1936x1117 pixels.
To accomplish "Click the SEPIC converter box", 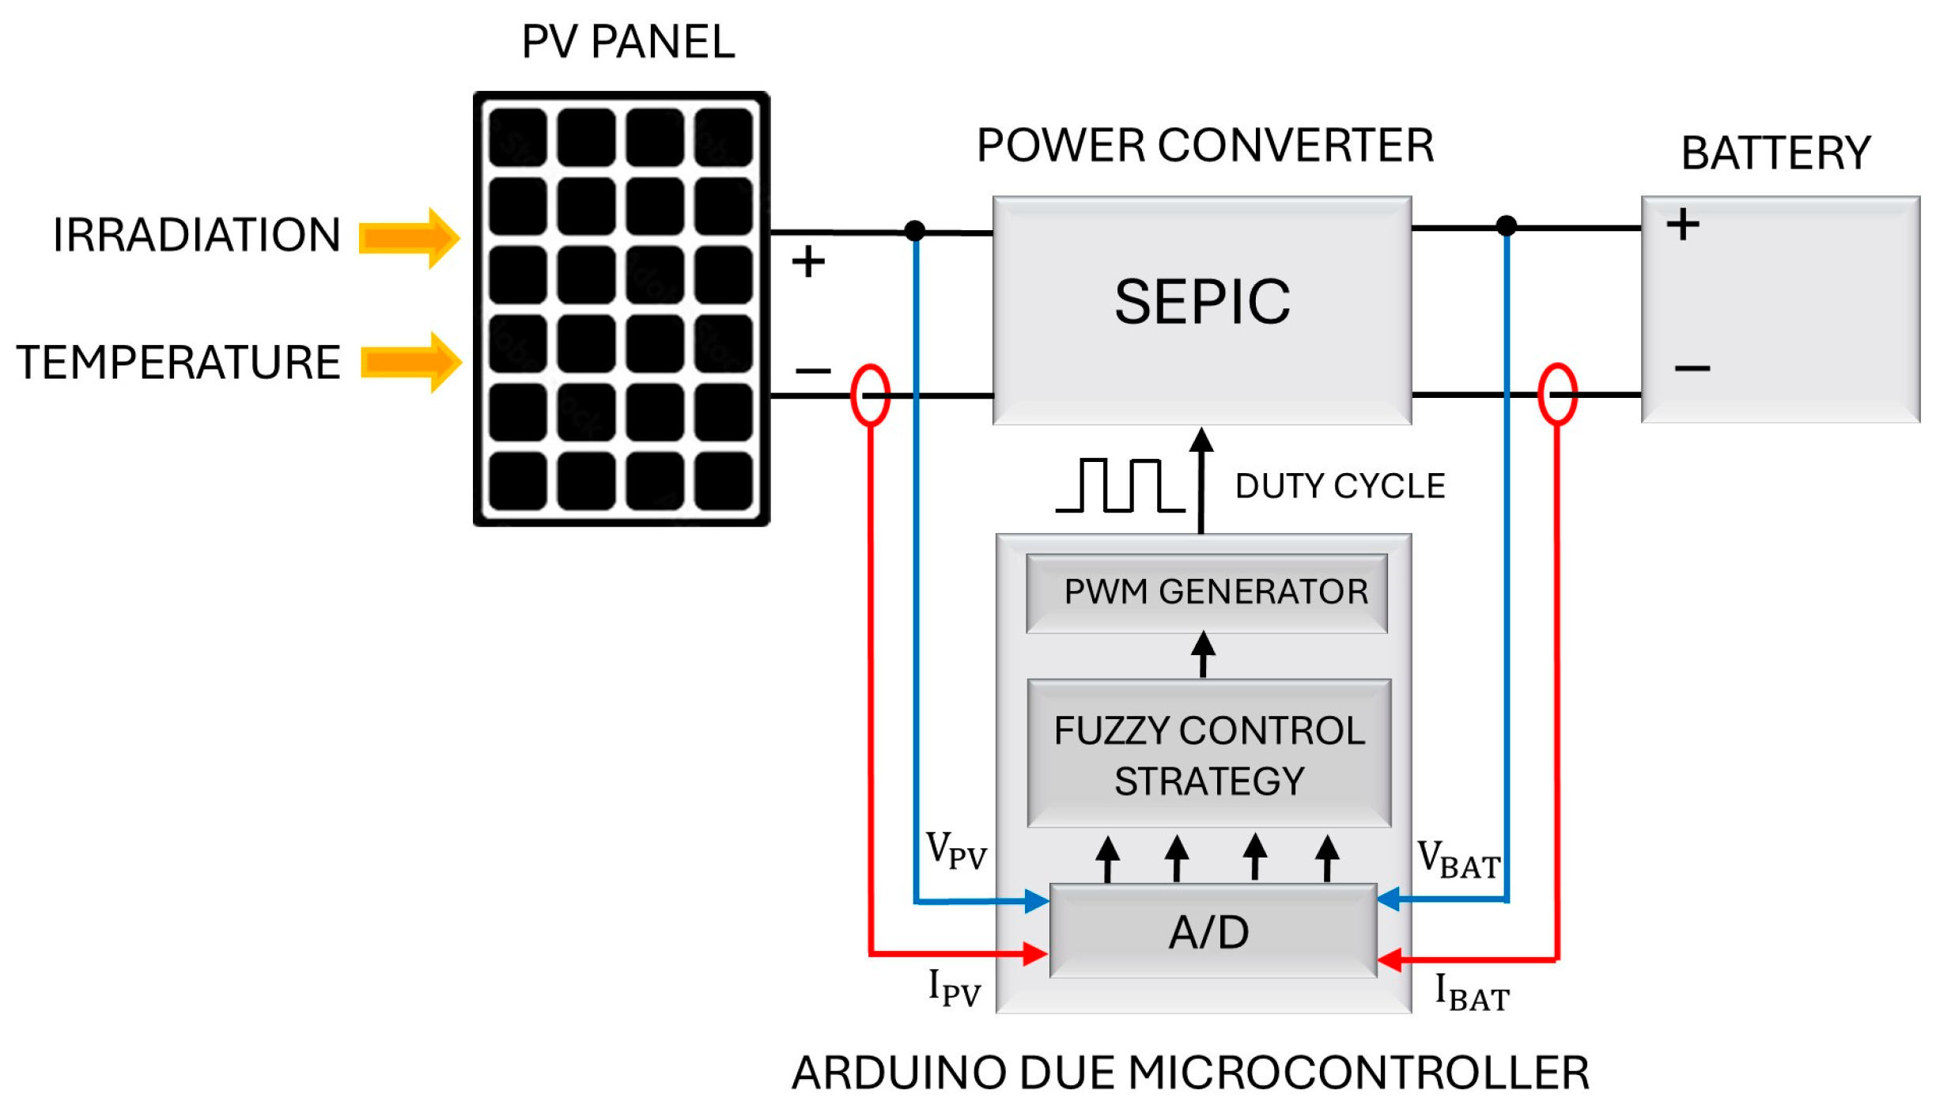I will pyautogui.click(x=1201, y=309).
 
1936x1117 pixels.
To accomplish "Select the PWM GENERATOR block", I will pyautogui.click(x=1206, y=593).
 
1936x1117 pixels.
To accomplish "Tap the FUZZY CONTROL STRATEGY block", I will pyautogui.click(x=1208, y=754).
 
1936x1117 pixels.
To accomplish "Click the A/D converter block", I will pyautogui.click(x=1212, y=931).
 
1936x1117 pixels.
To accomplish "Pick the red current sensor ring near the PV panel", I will pyautogui.click(x=870, y=395).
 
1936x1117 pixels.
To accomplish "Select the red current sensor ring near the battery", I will pyautogui.click(x=1556, y=394).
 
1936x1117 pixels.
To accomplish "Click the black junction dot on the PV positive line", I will pyautogui.click(x=914, y=231).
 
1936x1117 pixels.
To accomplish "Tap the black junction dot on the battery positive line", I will pyautogui.click(x=1506, y=226).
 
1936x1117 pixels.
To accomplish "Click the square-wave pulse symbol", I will pyautogui.click(x=1119, y=485).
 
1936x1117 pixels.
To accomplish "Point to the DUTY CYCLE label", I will pyautogui.click(x=1340, y=486).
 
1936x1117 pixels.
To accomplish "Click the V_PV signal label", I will pyautogui.click(x=956, y=851).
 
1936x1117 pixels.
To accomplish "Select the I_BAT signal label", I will pyautogui.click(x=1472, y=992).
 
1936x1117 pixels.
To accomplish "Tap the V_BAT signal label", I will pyautogui.click(x=1458, y=860).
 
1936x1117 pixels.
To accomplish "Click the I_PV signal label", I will pyautogui.click(x=954, y=987).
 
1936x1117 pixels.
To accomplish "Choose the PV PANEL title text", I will pyautogui.click(x=628, y=41).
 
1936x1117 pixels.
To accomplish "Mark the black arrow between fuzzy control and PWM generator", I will pyautogui.click(x=1203, y=654).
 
